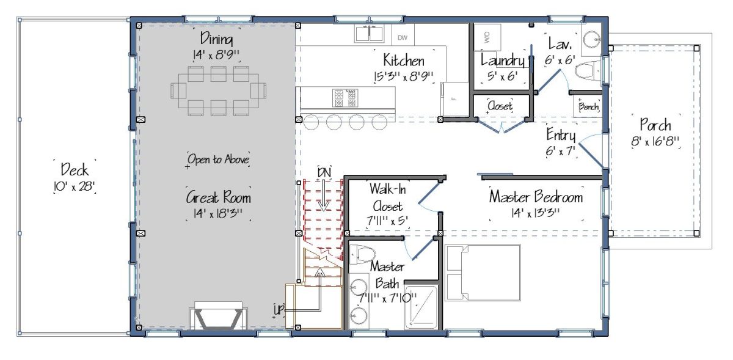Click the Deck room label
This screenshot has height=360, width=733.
coord(75,170)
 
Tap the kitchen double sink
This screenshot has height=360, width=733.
coord(369,34)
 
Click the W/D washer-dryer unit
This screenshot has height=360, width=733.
coord(487,37)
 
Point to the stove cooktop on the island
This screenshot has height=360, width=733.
coord(345,98)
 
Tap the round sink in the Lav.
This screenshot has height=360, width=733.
coord(592,40)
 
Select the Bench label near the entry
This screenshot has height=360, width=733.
coord(589,106)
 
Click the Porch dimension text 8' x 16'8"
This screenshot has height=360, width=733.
coord(655,142)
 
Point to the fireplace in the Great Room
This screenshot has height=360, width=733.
coord(218,315)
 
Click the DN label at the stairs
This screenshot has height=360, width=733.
coord(324,172)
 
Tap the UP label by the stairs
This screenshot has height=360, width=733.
coord(279,309)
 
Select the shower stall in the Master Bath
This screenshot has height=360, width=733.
coord(421,307)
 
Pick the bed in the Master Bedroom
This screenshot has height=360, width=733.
coord(483,273)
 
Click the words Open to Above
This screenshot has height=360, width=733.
coord(218,160)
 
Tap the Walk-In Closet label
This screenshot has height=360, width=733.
coord(388,197)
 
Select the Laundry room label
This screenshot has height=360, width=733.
coord(503,61)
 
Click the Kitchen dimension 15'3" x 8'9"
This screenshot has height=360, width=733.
coord(404,77)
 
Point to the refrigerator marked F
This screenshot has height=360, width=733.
coord(454,99)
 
